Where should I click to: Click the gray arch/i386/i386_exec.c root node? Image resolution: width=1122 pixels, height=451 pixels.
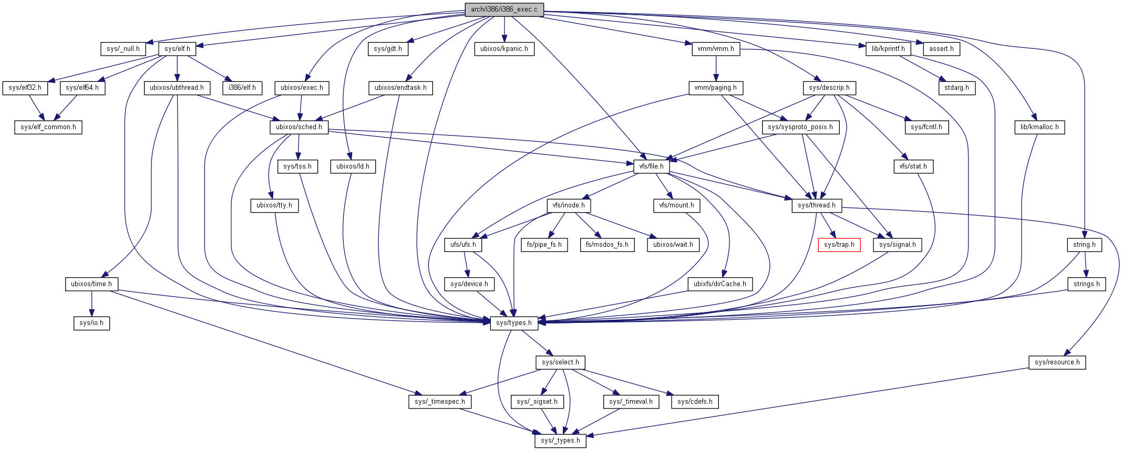(504, 9)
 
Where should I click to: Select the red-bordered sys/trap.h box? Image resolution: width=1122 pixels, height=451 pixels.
(839, 245)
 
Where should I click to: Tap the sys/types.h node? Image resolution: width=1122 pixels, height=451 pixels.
(514, 323)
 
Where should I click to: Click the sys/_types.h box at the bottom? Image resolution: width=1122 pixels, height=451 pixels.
(560, 440)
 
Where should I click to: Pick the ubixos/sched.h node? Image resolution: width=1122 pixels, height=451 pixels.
(299, 127)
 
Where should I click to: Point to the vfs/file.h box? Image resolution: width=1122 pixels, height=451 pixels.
(651, 166)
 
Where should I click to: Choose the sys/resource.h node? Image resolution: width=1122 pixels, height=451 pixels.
(1057, 362)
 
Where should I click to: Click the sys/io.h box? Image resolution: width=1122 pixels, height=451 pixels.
(91, 323)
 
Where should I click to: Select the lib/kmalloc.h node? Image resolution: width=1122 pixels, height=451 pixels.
(1039, 127)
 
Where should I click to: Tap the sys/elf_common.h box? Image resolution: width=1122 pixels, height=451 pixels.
(48, 127)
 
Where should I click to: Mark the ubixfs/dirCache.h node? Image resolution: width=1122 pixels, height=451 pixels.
(719, 284)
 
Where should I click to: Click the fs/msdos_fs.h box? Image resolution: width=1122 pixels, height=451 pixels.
(607, 245)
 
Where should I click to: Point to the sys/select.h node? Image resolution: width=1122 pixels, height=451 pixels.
(560, 362)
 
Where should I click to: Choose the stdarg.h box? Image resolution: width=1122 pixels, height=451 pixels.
(956, 88)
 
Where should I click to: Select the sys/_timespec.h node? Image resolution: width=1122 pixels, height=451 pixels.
(440, 402)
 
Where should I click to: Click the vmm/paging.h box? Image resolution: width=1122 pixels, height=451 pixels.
(715, 88)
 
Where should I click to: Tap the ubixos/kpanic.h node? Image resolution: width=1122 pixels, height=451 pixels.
(504, 49)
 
